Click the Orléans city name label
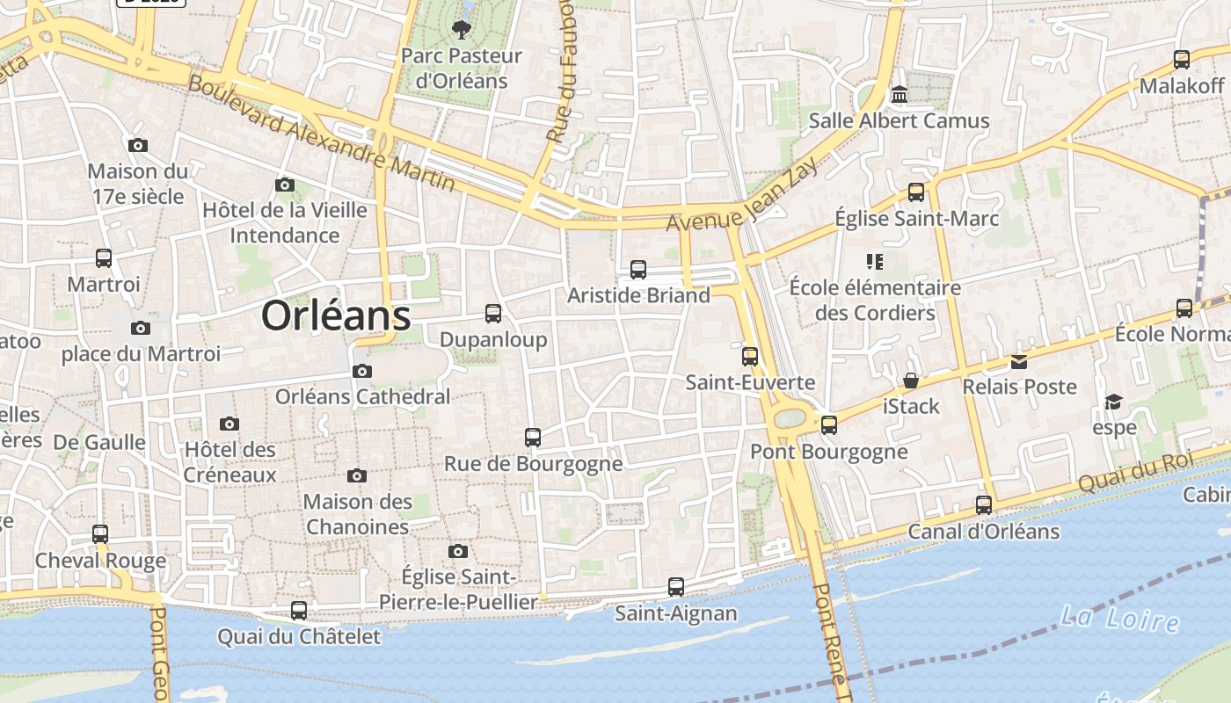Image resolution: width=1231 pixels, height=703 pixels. (x=336, y=316)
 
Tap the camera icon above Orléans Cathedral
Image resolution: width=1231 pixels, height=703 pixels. (x=361, y=372)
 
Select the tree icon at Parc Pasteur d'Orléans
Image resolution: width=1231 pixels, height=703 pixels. (x=461, y=31)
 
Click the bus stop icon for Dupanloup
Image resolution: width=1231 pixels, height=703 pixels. (x=493, y=314)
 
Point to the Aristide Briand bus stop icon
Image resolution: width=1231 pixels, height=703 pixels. (x=638, y=270)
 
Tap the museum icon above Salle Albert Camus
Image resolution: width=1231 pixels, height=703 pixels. (x=899, y=94)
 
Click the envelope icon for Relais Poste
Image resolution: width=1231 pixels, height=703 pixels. (x=1018, y=362)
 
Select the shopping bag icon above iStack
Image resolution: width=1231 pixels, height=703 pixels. (x=911, y=380)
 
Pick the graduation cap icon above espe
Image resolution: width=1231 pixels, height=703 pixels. (x=1114, y=402)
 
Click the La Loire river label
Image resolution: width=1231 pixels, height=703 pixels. (x=1119, y=618)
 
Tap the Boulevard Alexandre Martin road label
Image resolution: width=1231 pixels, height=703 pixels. (x=321, y=134)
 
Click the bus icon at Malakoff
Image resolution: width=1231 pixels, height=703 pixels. (x=1182, y=60)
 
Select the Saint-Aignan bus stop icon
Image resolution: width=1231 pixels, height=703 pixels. (x=675, y=586)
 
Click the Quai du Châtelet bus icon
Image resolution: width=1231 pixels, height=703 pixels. (x=299, y=610)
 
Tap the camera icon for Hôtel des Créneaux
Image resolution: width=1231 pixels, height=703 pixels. (x=229, y=424)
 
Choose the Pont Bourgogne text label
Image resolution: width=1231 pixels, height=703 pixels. (x=828, y=452)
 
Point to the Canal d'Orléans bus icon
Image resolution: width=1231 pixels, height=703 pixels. (x=983, y=505)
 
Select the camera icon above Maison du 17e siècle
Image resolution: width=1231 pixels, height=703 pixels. (x=137, y=146)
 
